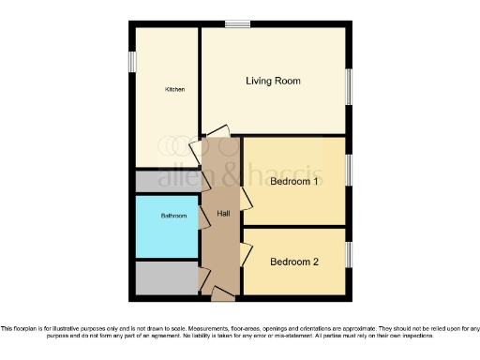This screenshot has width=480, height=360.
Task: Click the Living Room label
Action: click(x=273, y=82)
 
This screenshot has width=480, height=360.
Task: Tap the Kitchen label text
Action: click(x=174, y=90)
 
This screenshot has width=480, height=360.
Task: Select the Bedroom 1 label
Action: click(x=295, y=182)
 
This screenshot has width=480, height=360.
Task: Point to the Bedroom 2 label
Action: click(x=294, y=262)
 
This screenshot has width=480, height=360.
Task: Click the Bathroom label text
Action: click(x=173, y=217)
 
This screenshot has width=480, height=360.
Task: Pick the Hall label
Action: click(x=223, y=215)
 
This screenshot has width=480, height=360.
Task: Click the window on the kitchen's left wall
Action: click(x=133, y=59)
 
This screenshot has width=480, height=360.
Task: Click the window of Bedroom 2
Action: click(x=351, y=253)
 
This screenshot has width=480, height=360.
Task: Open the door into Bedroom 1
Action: click(x=246, y=198)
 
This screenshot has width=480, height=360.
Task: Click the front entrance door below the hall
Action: click(x=223, y=295)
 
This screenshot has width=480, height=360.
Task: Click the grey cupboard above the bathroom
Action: click(x=167, y=181)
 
